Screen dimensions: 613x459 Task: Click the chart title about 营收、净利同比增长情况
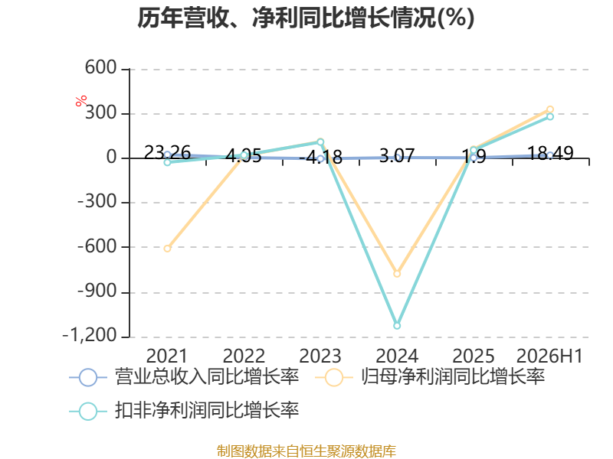pyautogui.click(x=306, y=18)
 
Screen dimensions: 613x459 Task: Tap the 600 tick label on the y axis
pyautogui.click(x=101, y=67)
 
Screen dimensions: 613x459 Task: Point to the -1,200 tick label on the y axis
pyautogui.click(x=90, y=335)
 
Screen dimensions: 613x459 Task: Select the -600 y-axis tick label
pyautogui.click(x=97, y=246)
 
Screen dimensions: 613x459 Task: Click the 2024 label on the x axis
pyautogui.click(x=397, y=356)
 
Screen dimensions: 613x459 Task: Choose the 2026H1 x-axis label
pyautogui.click(x=549, y=356)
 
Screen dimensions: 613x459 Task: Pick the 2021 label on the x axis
pyautogui.click(x=167, y=356)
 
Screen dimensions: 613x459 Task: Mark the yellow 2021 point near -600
pyautogui.click(x=167, y=248)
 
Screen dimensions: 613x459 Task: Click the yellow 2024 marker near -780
pyautogui.click(x=397, y=274)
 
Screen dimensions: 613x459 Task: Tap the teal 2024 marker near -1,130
pyautogui.click(x=397, y=326)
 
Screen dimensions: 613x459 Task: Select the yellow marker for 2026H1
pyautogui.click(x=550, y=109)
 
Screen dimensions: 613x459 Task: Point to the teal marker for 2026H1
pyautogui.click(x=550, y=116)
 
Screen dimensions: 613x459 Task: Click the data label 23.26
pyautogui.click(x=167, y=152)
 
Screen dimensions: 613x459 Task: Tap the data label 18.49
pyautogui.click(x=550, y=153)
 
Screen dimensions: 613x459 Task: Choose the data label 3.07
pyautogui.click(x=397, y=156)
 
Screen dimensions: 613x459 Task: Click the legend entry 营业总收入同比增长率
pyautogui.click(x=184, y=377)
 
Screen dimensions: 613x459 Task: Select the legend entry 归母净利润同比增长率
pyautogui.click(x=430, y=377)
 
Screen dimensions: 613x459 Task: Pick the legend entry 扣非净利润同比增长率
pyautogui.click(x=184, y=411)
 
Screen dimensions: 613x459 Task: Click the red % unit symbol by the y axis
pyautogui.click(x=81, y=101)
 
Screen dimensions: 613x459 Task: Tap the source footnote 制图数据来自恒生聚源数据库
pyautogui.click(x=306, y=451)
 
